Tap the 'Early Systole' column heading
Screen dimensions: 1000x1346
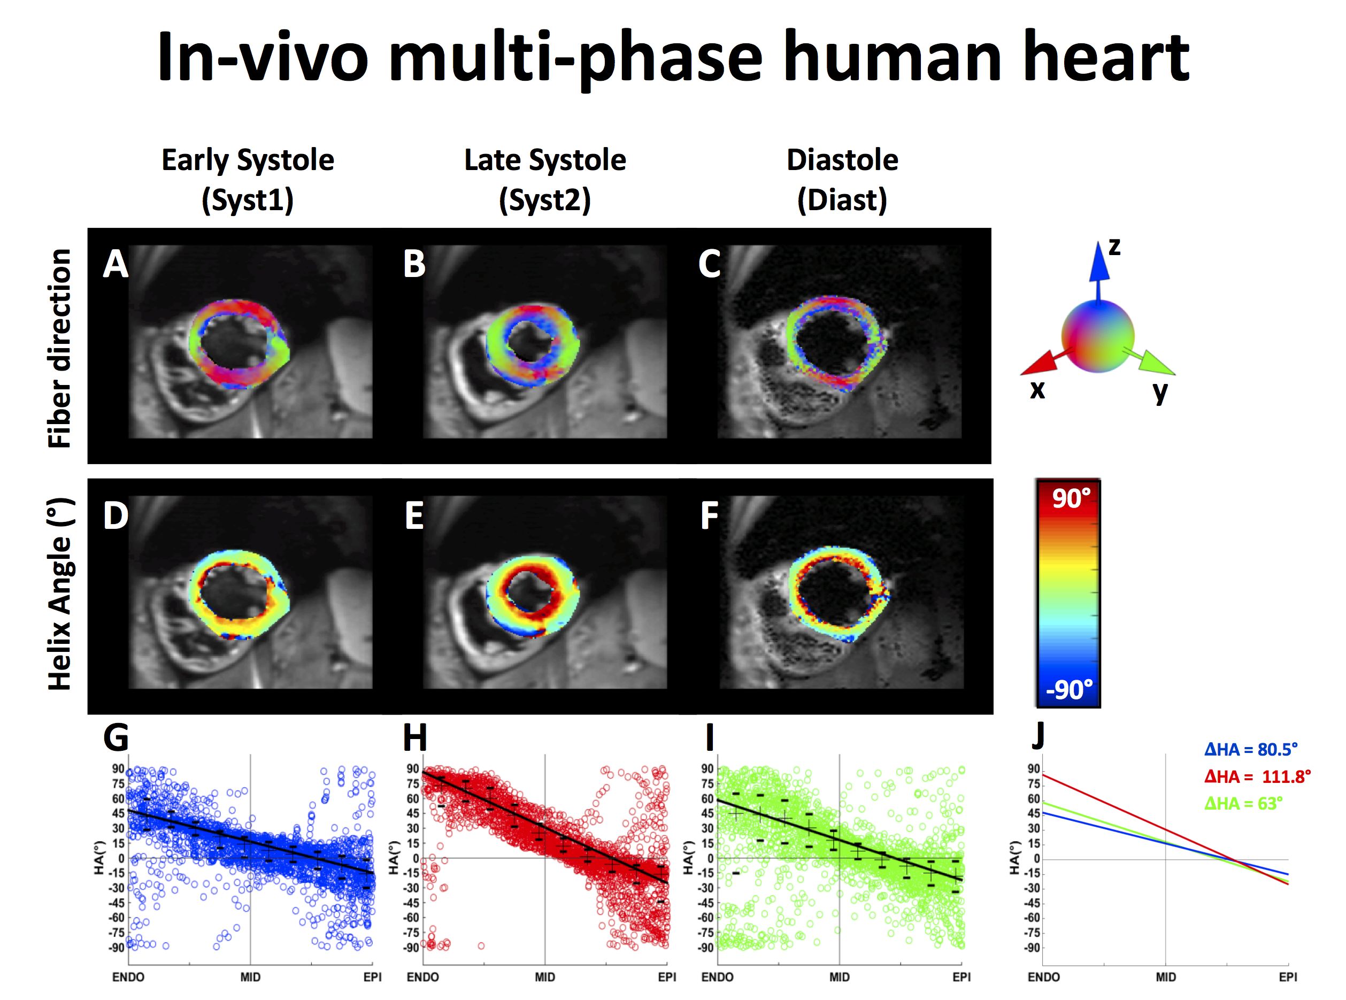[x=248, y=160]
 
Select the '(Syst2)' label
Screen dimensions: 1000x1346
[x=545, y=200]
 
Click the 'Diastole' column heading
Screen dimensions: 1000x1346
[x=842, y=160]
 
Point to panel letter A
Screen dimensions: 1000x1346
[x=116, y=264]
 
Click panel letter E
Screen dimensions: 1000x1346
[x=414, y=516]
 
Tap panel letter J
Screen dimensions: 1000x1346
[x=1039, y=736]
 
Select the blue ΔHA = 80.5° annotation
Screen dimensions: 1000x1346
[x=1250, y=749]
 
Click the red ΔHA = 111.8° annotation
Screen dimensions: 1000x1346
[x=1257, y=776]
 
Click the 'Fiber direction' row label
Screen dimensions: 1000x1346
[x=59, y=348]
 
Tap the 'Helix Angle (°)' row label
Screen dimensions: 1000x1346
[x=59, y=594]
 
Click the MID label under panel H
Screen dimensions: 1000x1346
[x=545, y=977]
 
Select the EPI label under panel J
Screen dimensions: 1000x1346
[x=1288, y=977]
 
